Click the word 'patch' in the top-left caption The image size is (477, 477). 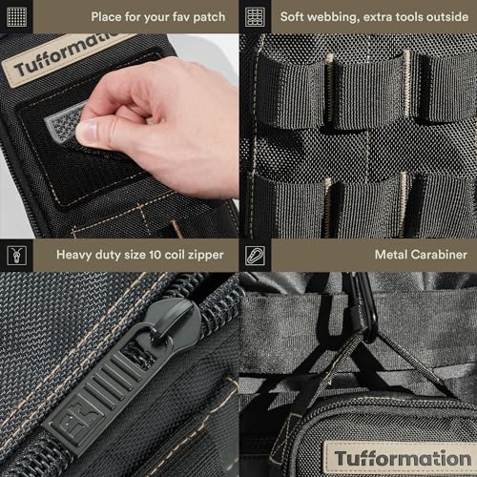(x=204, y=17)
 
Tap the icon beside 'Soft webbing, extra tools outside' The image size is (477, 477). (x=255, y=17)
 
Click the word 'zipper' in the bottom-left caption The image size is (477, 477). (x=202, y=255)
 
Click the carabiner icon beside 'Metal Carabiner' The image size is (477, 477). (x=255, y=255)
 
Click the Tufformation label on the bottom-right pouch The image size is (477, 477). (x=401, y=457)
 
